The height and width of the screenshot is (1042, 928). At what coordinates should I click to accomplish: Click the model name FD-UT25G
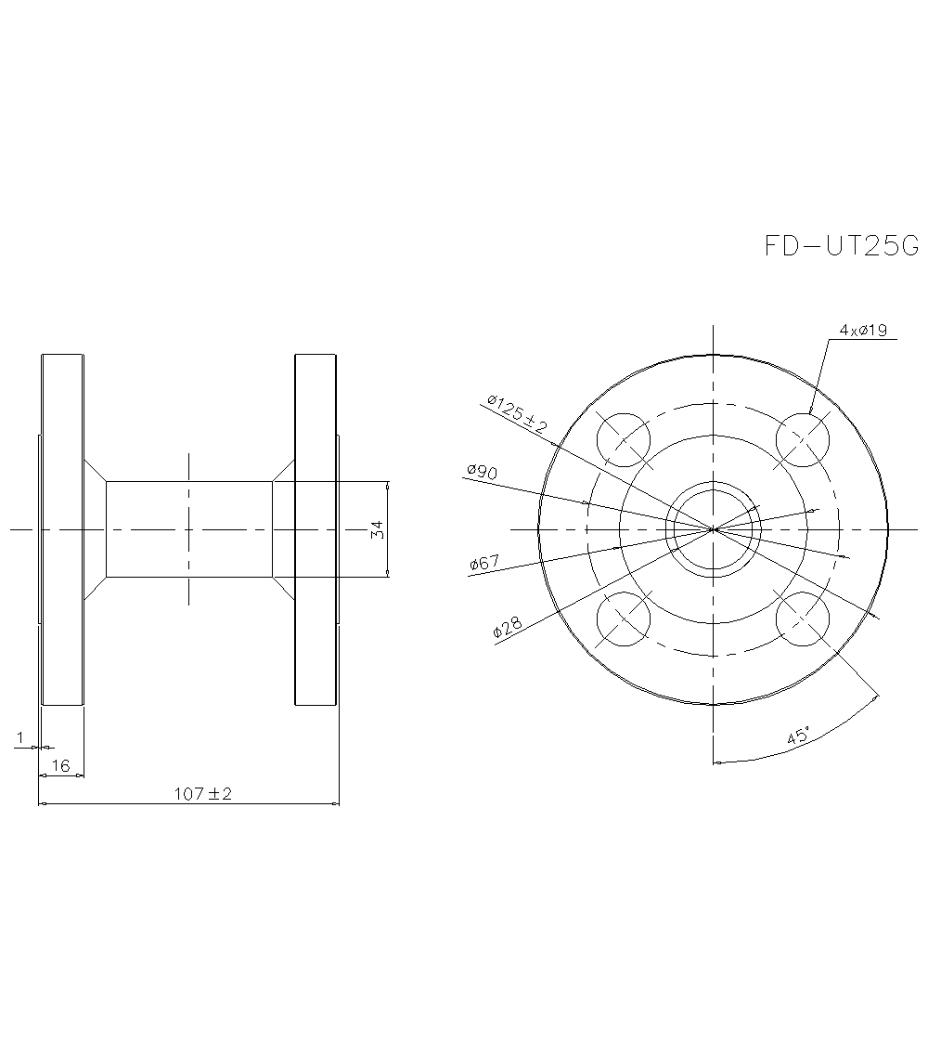pyautogui.click(x=841, y=246)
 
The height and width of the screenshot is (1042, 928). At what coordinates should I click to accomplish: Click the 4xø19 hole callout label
pyautogui.click(x=864, y=330)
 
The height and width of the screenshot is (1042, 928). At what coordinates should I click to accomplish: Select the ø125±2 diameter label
pyautogui.click(x=517, y=413)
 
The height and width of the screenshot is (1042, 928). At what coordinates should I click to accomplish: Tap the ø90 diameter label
pyautogui.click(x=482, y=472)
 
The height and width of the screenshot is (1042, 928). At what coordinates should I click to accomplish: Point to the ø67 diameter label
pyautogui.click(x=485, y=563)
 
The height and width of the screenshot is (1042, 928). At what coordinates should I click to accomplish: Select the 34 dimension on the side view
pyautogui.click(x=377, y=529)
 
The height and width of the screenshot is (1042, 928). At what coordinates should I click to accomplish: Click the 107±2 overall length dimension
pyautogui.click(x=202, y=794)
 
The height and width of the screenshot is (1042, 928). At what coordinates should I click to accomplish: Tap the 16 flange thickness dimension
pyautogui.click(x=61, y=765)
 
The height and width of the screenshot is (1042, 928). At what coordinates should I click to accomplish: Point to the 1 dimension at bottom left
pyautogui.click(x=20, y=737)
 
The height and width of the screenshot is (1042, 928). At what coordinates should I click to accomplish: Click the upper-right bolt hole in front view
pyautogui.click(x=803, y=439)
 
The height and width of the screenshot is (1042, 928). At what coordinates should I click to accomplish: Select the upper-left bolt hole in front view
pyautogui.click(x=624, y=439)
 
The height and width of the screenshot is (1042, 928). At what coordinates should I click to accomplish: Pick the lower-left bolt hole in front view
pyautogui.click(x=624, y=619)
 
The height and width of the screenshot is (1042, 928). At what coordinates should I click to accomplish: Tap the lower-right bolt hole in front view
pyautogui.click(x=803, y=619)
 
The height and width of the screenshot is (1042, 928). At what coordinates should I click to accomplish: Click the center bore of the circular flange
pyautogui.click(x=714, y=529)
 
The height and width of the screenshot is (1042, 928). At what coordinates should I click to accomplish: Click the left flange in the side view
pyautogui.click(x=62, y=529)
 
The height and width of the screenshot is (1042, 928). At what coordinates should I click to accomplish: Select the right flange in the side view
pyautogui.click(x=316, y=529)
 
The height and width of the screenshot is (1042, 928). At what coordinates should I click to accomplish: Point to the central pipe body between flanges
pyautogui.click(x=189, y=529)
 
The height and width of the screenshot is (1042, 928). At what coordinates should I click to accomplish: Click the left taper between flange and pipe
pyautogui.click(x=96, y=529)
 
